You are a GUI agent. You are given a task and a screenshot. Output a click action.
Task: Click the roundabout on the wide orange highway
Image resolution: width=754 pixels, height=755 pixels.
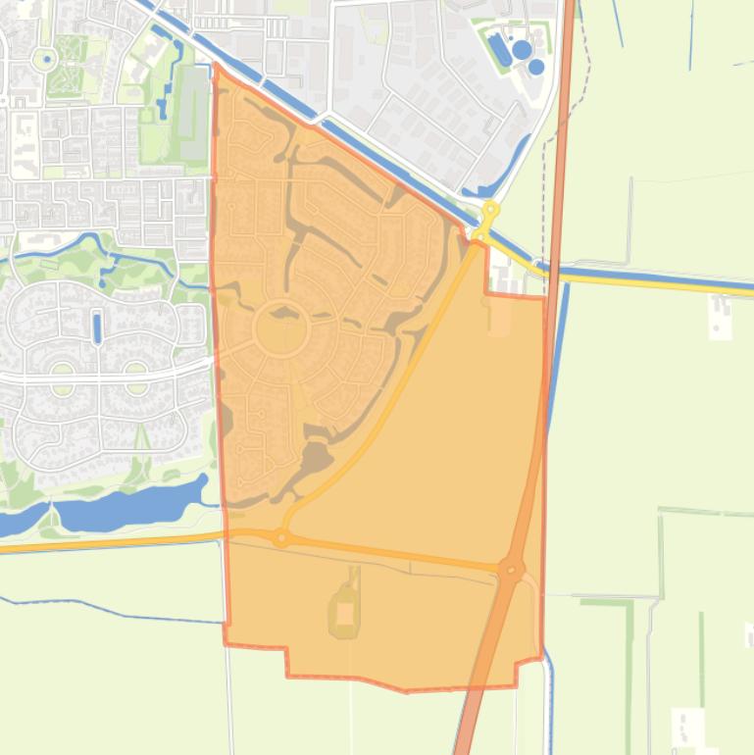[510, 569]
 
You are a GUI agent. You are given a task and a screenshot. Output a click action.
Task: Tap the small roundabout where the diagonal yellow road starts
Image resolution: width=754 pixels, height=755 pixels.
[281, 537]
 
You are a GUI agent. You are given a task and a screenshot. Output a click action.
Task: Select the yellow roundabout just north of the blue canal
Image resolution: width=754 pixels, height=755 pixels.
[490, 210]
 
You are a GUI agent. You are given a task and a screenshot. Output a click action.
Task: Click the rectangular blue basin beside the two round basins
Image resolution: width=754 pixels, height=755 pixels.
[501, 50]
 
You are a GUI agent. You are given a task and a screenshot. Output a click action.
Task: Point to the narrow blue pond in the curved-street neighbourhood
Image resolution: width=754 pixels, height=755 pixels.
[97, 327]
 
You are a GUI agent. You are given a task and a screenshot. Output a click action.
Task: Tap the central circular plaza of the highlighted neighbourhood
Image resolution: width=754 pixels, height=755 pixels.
[281, 330]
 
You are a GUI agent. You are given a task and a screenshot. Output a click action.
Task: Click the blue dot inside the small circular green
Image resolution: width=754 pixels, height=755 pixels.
[45, 59]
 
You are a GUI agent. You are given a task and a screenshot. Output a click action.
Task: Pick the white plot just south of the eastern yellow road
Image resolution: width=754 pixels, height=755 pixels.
[720, 315]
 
